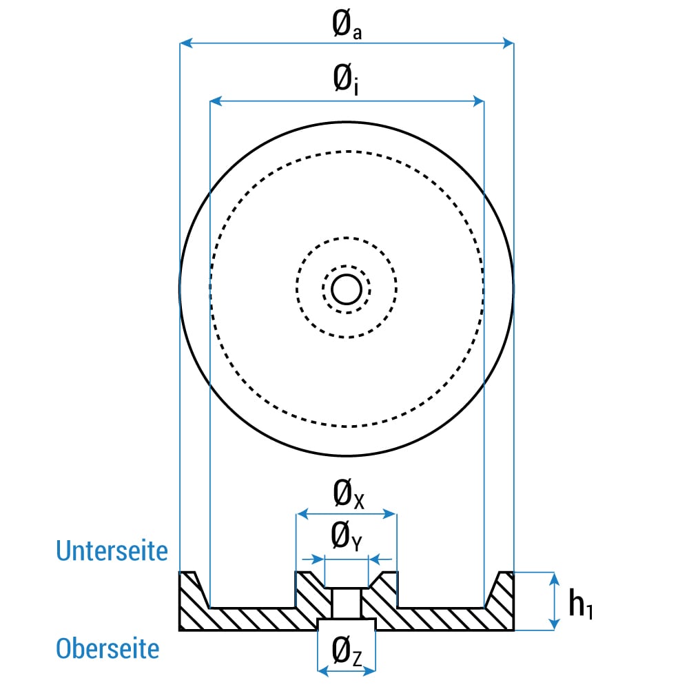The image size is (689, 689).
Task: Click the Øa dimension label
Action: (x=347, y=24)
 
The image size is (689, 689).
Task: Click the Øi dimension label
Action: (x=346, y=79)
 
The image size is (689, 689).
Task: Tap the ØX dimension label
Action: (x=349, y=494)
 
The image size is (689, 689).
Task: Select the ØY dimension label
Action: (x=347, y=535)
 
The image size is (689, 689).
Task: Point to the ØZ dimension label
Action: (x=347, y=651)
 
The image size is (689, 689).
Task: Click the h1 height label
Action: (x=580, y=604)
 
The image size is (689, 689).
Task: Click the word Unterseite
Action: (x=112, y=551)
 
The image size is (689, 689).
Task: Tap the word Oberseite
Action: (x=107, y=648)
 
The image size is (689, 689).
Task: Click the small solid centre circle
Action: (x=347, y=289)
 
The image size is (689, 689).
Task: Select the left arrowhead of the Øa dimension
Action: (x=186, y=43)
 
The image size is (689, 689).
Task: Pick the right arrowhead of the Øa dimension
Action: (x=508, y=43)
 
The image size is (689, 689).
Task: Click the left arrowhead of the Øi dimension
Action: (x=216, y=101)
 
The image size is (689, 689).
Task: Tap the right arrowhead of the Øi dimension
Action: (x=478, y=101)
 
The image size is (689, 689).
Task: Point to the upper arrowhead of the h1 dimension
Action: (x=555, y=578)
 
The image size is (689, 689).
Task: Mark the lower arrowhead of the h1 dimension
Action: (x=555, y=624)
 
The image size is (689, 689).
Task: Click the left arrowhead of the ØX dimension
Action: (x=302, y=514)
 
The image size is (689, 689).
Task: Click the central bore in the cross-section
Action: (x=347, y=604)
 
